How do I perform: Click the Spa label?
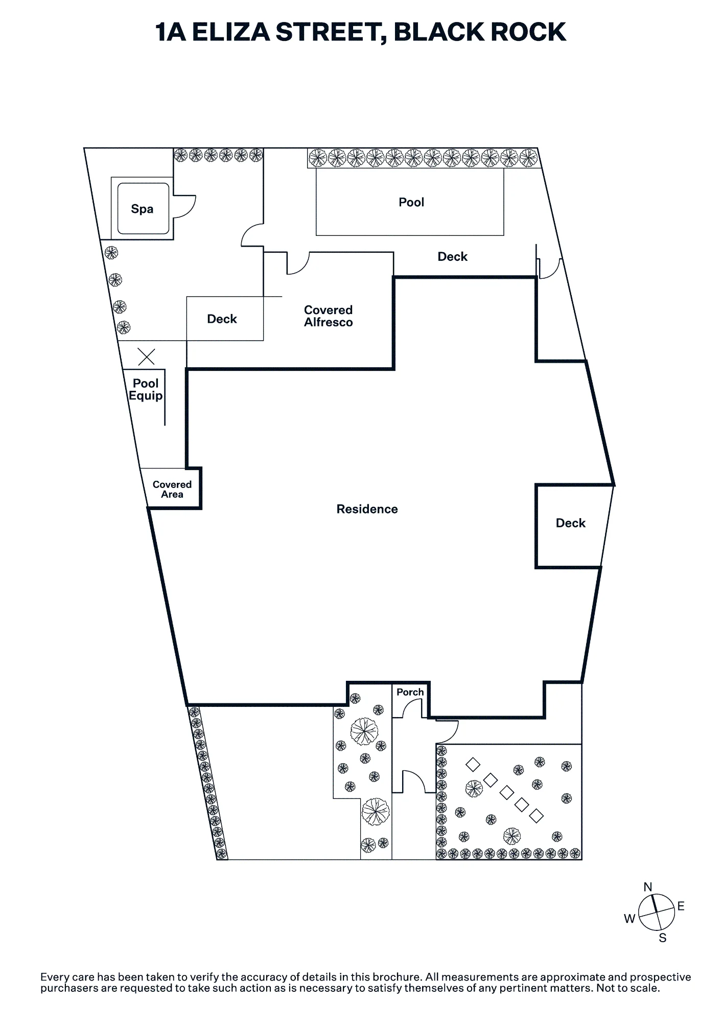(x=142, y=209)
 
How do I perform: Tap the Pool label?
(x=411, y=202)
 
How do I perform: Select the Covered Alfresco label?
(x=328, y=316)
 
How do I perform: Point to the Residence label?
(x=367, y=509)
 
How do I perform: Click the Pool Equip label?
(x=146, y=390)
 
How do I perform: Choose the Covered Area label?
(x=172, y=490)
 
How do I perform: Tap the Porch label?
(x=410, y=692)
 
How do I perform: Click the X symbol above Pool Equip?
(x=147, y=357)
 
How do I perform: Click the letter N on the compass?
(x=648, y=886)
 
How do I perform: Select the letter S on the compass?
(x=663, y=938)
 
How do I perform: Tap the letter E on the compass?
(x=681, y=906)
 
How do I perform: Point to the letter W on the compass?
(x=630, y=919)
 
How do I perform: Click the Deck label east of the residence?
(x=571, y=523)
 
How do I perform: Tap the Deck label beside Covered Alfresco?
(x=222, y=319)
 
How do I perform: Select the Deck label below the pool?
(x=453, y=256)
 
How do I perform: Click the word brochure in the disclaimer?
(x=396, y=977)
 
